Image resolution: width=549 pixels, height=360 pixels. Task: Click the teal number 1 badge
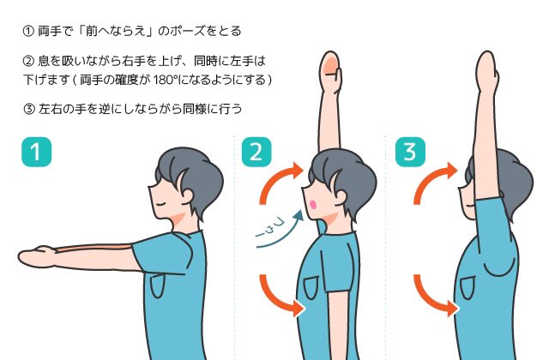[x=36, y=152]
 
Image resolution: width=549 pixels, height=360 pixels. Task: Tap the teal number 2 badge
[x=256, y=152]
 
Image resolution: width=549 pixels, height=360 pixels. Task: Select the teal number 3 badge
[x=410, y=152]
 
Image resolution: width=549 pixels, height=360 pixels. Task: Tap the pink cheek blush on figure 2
[x=313, y=204]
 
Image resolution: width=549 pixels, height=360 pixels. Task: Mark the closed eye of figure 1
[x=161, y=204]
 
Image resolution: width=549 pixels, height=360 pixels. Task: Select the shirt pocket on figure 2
[x=311, y=287]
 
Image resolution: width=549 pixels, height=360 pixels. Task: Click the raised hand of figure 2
[x=330, y=72]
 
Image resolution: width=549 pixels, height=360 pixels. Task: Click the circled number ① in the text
[x=28, y=32]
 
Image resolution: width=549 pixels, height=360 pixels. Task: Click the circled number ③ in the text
[x=29, y=109]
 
